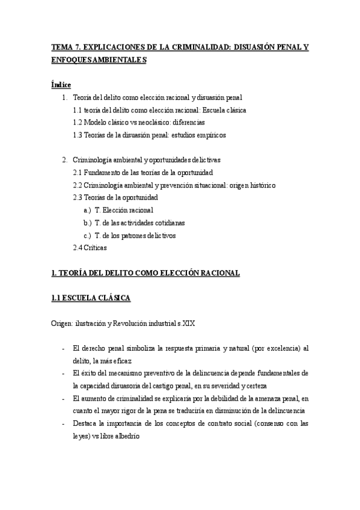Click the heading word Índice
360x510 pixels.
[x=61, y=85]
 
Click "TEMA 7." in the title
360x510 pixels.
[x=64, y=48]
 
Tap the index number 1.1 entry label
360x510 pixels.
[x=77, y=110]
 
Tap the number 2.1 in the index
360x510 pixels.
[x=77, y=173]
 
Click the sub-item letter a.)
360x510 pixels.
[x=88, y=210]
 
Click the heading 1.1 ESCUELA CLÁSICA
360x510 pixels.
[x=91, y=298]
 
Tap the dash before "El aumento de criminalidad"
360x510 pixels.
[x=63, y=398]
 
